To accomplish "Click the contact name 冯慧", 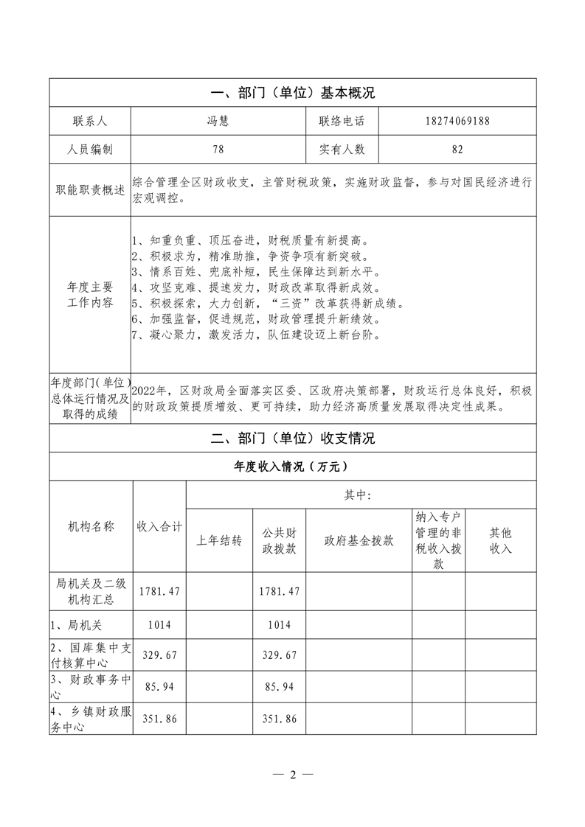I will [x=218, y=121].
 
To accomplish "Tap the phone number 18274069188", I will [x=457, y=121].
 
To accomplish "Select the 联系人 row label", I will [x=90, y=121].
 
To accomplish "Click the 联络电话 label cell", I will [x=342, y=121].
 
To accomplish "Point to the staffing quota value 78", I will [x=218, y=149].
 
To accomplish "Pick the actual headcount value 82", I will [x=457, y=149].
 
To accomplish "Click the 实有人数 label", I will [x=342, y=149].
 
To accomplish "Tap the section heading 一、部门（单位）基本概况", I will [x=293, y=93].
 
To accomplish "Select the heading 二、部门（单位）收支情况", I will [x=293, y=439].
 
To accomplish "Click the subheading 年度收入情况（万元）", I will [x=293, y=467].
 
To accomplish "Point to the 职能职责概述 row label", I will [x=90, y=189].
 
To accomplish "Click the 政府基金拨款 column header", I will [x=359, y=540].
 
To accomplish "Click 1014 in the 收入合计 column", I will [x=159, y=624].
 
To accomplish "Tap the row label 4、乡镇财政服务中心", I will [x=90, y=718].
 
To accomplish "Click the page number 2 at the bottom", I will [x=293, y=775].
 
